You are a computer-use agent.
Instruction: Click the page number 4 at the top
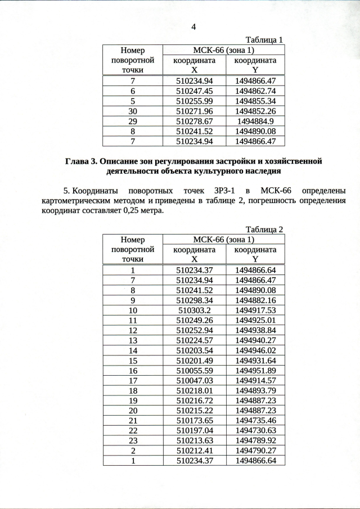coord(193,28)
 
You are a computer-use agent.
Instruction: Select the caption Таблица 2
coord(264,229)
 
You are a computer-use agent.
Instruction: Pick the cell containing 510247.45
coord(194,91)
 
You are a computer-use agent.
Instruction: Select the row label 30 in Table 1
coord(133,111)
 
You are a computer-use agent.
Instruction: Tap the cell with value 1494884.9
coord(255,121)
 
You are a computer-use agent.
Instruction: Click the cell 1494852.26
coord(255,111)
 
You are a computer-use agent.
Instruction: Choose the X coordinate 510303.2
coord(194,310)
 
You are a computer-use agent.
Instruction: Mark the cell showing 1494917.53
coord(255,310)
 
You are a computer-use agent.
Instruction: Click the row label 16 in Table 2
coord(133,370)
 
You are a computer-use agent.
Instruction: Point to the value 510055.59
coord(194,370)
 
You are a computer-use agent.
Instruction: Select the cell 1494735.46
coord(255,420)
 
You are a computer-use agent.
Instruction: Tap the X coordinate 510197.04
coord(194,430)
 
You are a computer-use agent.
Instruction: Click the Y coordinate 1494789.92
coord(255,440)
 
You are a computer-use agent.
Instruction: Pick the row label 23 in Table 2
coord(133,440)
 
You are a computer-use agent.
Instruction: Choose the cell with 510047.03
coord(194,380)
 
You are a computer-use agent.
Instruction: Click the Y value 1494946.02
coord(255,350)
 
